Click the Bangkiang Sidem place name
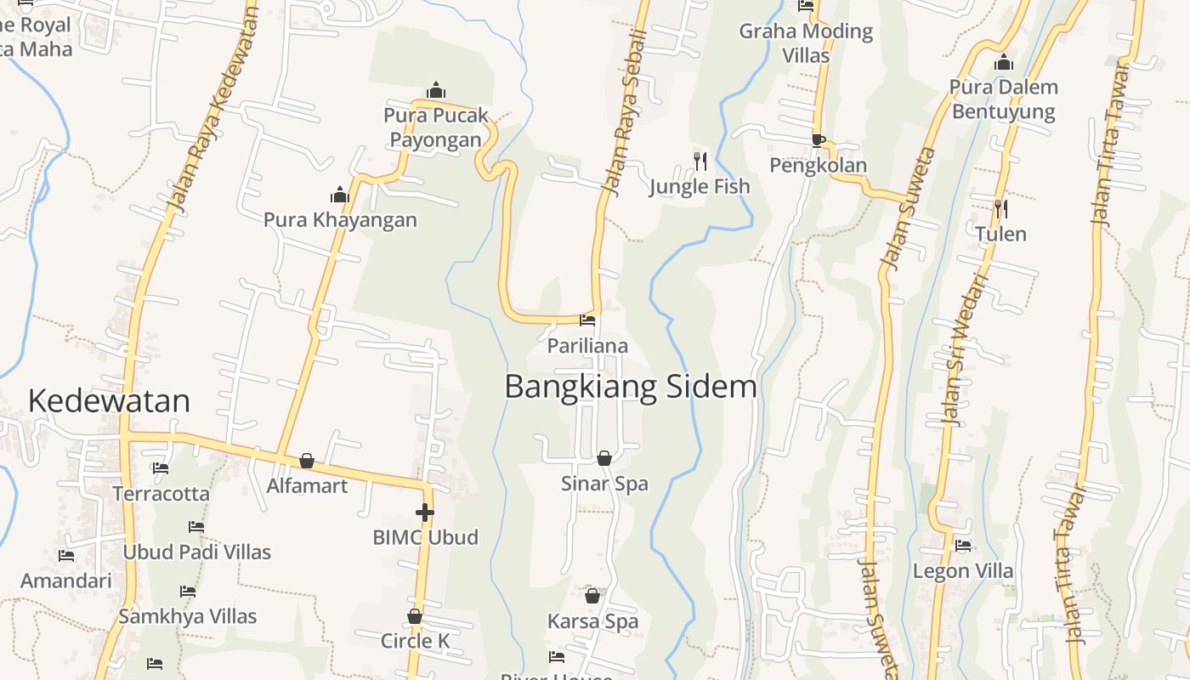point(630,387)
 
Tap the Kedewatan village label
point(109,400)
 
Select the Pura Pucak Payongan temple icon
point(436,90)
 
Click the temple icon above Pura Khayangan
point(340,195)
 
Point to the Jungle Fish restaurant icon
point(700,161)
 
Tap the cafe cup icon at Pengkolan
point(818,140)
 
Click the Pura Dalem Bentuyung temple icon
point(1004,63)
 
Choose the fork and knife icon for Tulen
point(1000,208)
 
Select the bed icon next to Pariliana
point(587,320)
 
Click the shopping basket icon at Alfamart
point(307,461)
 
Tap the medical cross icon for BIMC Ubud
point(425,513)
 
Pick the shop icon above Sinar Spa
point(604,458)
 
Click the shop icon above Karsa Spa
point(592,596)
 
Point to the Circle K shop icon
point(415,616)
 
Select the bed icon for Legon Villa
point(963,545)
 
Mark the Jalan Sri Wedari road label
point(964,348)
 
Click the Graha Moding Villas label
point(806,43)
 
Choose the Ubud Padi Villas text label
point(196,552)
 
